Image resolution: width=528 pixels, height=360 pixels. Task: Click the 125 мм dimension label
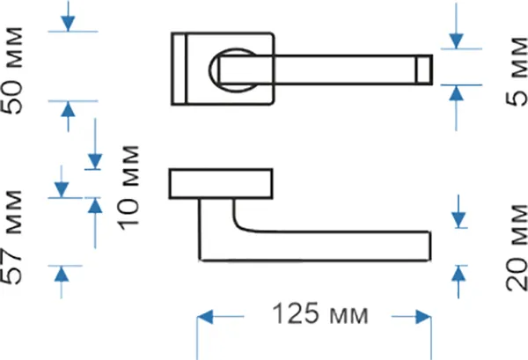click(x=320, y=314)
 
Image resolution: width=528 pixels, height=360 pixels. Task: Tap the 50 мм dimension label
click(x=13, y=70)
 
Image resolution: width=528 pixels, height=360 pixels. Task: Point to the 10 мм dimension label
click(x=128, y=187)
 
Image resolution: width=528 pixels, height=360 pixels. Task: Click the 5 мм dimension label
click(x=517, y=71)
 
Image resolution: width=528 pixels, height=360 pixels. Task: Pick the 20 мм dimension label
click(x=517, y=247)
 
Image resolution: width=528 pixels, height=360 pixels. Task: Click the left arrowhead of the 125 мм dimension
click(x=205, y=317)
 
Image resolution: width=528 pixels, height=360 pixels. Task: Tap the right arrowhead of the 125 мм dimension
click(x=423, y=317)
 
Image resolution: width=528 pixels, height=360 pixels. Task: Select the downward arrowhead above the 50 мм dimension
click(x=68, y=24)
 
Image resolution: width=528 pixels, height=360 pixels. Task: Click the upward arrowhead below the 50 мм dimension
click(x=68, y=109)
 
